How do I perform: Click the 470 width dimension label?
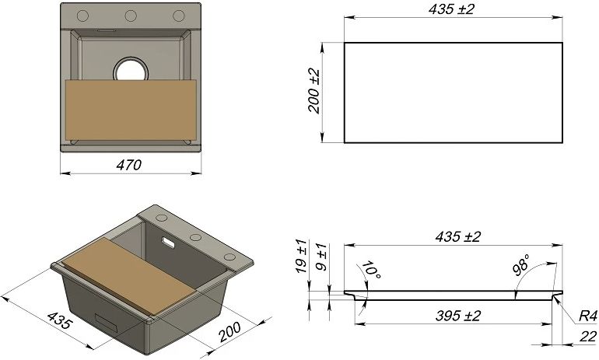[x=129, y=165]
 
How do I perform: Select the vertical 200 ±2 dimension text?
[x=314, y=91]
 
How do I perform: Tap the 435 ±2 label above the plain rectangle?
[x=451, y=9]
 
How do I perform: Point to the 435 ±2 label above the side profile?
[x=457, y=236]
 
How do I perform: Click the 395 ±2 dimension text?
[x=457, y=316]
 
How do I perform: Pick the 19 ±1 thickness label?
[x=301, y=256]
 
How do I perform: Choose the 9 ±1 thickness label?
[x=322, y=257]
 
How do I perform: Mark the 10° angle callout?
[x=370, y=270]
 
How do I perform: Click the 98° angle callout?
[x=521, y=264]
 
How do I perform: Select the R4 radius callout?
[x=587, y=316]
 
